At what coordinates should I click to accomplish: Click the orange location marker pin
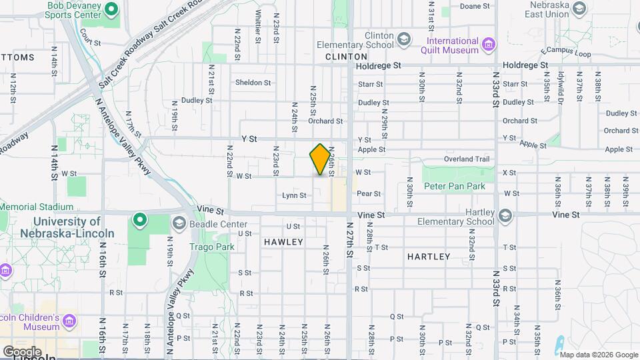click(x=321, y=159)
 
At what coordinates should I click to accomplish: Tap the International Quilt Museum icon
click(x=490, y=45)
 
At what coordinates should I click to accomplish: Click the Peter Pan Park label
click(x=455, y=186)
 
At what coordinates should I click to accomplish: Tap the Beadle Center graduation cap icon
click(x=179, y=223)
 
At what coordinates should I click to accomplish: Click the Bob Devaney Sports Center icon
click(x=111, y=9)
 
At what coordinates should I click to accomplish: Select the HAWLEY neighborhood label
click(x=283, y=242)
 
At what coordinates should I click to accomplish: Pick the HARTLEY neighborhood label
click(x=429, y=256)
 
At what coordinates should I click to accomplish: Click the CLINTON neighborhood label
click(x=347, y=57)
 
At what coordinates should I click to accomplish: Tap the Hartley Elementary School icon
click(x=506, y=215)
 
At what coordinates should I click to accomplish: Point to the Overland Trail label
click(x=471, y=159)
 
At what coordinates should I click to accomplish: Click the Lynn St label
click(x=294, y=195)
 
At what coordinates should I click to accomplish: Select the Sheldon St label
click(x=253, y=83)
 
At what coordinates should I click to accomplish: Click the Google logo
click(x=22, y=351)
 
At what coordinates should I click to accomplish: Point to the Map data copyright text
click(x=598, y=354)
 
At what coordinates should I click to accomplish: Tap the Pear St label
click(x=368, y=194)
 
